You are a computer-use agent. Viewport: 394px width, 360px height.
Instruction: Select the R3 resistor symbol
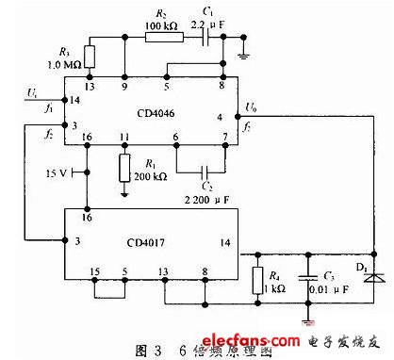[90, 57]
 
